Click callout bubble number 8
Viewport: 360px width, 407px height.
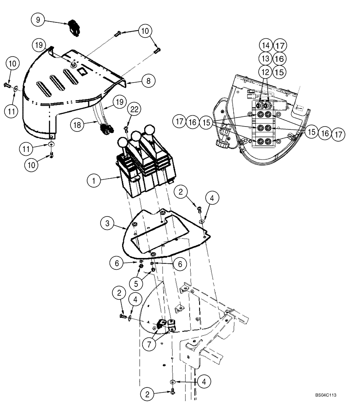(149, 81)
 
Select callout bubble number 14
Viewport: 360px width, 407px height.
(266, 45)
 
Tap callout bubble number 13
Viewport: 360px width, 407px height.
(266, 58)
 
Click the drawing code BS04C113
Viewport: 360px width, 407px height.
(328, 395)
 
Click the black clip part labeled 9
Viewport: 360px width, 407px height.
(75, 28)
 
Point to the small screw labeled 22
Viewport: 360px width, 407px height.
(126, 129)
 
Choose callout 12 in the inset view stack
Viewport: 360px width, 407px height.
(266, 71)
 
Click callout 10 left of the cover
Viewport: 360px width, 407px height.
(13, 64)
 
